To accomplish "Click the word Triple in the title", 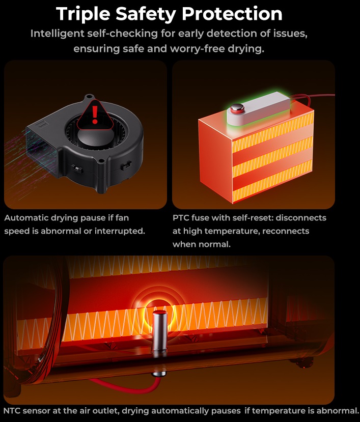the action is click(83, 14).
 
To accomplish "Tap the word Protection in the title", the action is click(232, 13).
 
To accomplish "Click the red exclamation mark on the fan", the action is click(95, 115).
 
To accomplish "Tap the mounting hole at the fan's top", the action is click(89, 97).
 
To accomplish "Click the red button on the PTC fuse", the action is click(237, 108).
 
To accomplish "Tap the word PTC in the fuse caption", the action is click(180, 218).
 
